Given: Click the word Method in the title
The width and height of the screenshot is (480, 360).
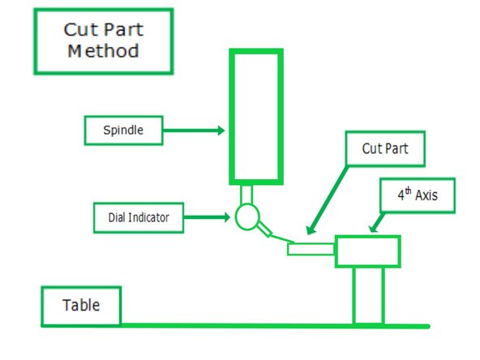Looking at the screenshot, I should [x=102, y=51].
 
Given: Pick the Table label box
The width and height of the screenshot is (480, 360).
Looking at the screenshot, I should [x=82, y=306].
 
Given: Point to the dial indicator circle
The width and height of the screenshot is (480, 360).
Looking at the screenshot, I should [x=246, y=216].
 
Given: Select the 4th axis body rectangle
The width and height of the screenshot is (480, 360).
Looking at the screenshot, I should [x=367, y=251].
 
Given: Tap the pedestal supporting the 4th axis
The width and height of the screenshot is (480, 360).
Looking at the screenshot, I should [x=366, y=296].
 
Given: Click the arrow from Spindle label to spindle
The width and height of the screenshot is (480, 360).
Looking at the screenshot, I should [x=195, y=130].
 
